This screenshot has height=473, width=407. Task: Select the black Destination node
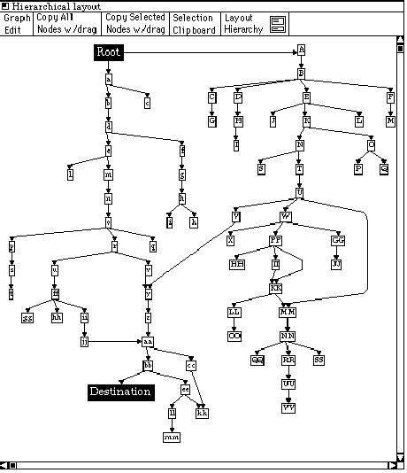click(120, 391)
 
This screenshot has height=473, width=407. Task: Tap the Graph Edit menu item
click(17, 23)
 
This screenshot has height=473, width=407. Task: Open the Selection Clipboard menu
click(193, 23)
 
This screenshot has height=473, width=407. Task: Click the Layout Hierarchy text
click(243, 23)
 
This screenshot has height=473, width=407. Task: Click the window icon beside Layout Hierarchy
click(279, 24)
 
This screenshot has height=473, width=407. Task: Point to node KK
click(276, 288)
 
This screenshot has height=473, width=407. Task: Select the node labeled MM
click(288, 312)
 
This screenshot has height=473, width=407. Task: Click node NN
click(288, 336)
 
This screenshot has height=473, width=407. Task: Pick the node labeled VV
click(288, 407)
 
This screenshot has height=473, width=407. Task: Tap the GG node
click(338, 240)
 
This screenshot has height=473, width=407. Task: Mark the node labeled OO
click(234, 336)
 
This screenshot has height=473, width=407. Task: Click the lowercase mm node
click(172, 437)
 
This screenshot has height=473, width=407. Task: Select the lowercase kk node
click(203, 413)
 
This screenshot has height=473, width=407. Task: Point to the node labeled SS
click(319, 360)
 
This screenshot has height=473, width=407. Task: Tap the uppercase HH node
click(238, 264)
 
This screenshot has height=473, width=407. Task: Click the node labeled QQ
click(257, 360)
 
